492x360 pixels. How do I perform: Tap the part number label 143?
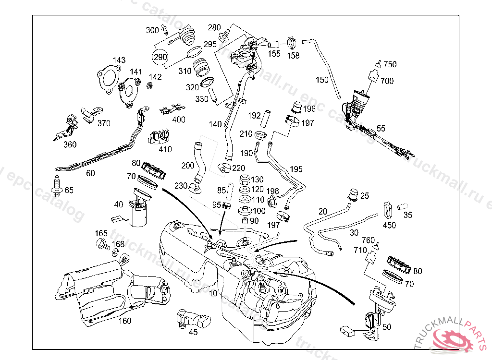tap(119, 60)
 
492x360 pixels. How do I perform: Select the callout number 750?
tap(390, 65)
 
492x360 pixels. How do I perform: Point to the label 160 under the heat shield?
tap(125, 321)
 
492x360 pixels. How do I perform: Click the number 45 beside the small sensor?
tap(193, 331)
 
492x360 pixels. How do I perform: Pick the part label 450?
tap(389, 225)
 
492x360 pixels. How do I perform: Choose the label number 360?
tap(70, 144)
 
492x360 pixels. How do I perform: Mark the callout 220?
tap(239, 168)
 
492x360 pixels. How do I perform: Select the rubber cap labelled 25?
tap(353, 194)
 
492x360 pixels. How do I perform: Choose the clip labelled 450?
tap(388, 209)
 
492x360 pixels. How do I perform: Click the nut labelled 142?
tap(149, 85)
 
